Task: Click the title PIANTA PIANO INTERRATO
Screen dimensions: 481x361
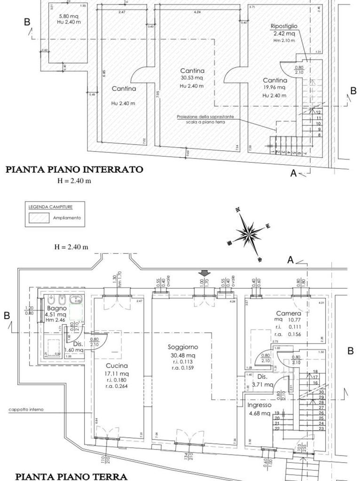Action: coord(74,170)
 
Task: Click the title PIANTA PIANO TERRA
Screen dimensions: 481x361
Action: coord(71,476)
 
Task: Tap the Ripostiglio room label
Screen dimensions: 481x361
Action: coord(283,26)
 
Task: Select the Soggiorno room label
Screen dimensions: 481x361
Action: coord(183,347)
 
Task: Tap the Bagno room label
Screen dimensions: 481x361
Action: coord(56,308)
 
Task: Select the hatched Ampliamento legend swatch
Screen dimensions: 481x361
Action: coord(39,218)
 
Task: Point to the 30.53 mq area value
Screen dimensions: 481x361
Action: coord(191,78)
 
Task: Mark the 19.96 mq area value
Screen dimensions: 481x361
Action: coord(275,87)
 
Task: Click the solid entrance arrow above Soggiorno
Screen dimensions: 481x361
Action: coord(204,273)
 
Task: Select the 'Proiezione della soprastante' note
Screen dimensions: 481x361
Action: coord(205,116)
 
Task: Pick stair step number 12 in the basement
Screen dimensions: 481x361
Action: coord(319,112)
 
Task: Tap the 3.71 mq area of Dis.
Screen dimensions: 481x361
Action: coord(262,384)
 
